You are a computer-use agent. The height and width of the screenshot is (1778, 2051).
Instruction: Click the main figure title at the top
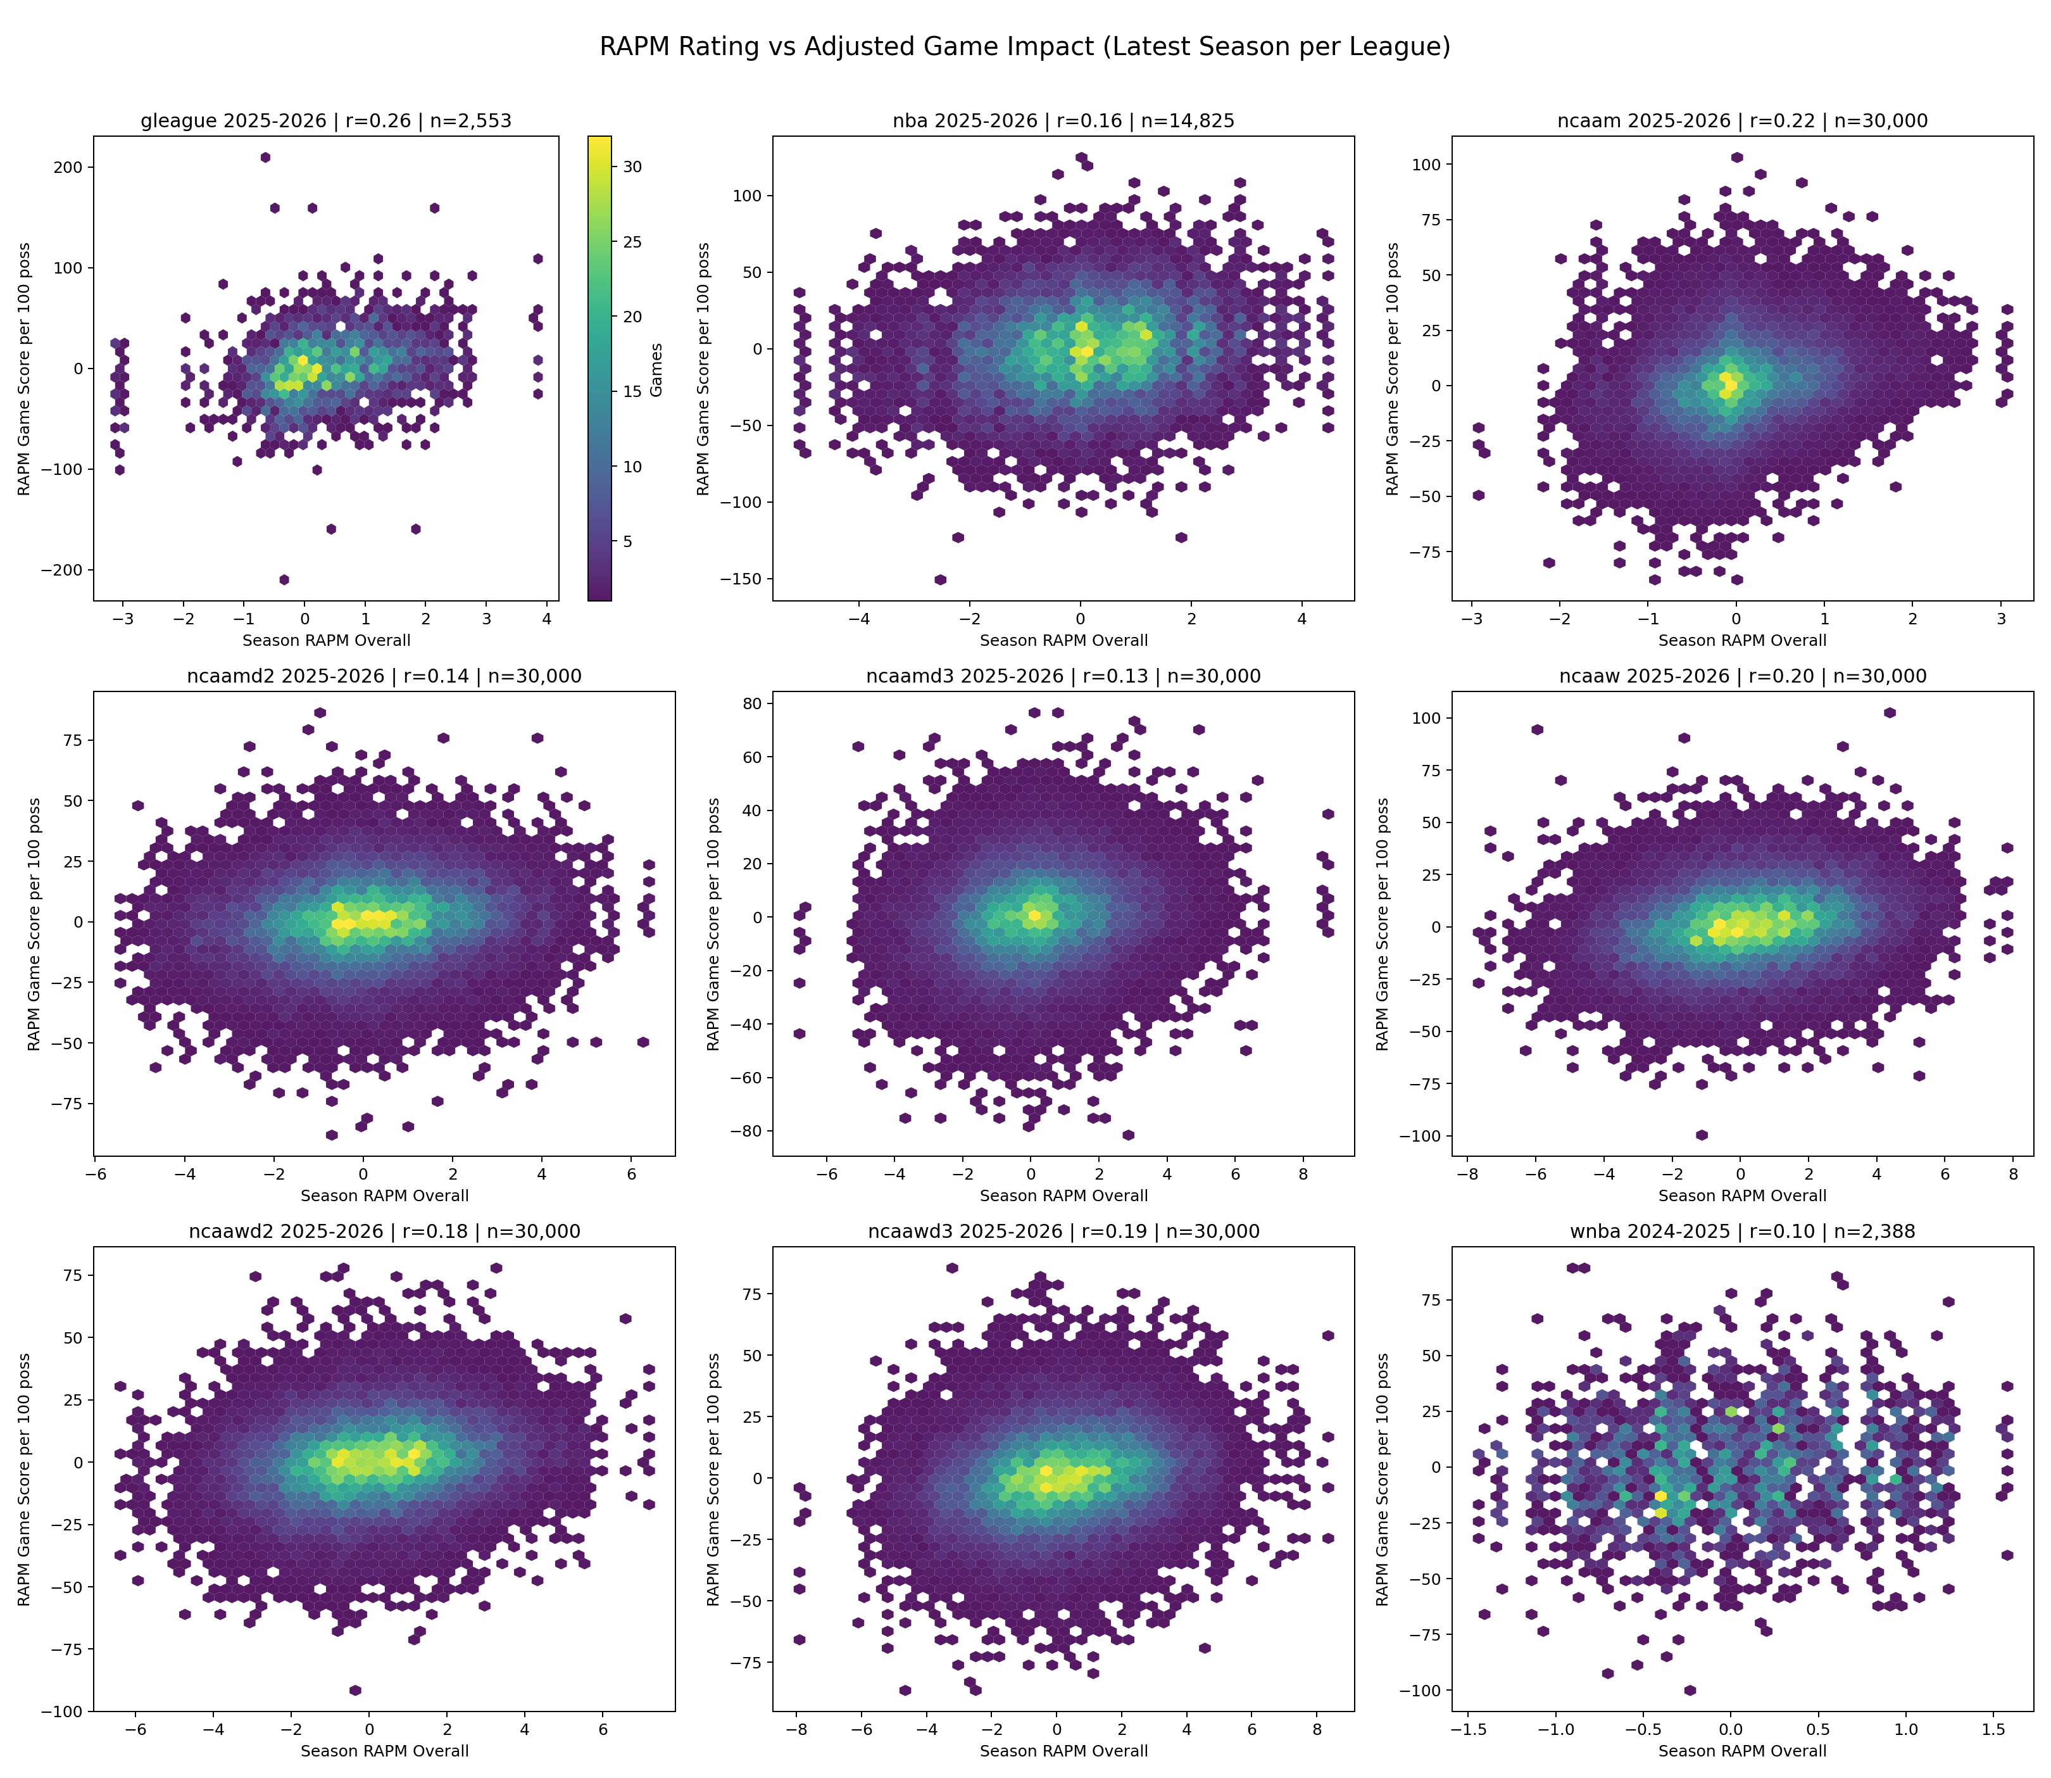(x=1024, y=47)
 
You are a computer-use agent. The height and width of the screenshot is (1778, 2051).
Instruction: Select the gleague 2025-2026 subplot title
(x=326, y=121)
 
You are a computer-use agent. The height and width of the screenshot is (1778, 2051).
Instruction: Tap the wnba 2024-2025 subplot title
(x=1741, y=1232)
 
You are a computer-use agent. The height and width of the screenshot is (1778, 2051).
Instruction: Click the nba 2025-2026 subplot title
(x=1063, y=121)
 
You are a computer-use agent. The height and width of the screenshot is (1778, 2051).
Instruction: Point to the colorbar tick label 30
(x=632, y=167)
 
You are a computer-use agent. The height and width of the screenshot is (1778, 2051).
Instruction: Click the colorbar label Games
(x=656, y=370)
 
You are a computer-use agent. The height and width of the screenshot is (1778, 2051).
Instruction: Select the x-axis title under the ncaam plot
(x=1741, y=640)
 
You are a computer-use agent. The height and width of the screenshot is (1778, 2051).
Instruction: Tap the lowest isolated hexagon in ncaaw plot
(x=1702, y=1135)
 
